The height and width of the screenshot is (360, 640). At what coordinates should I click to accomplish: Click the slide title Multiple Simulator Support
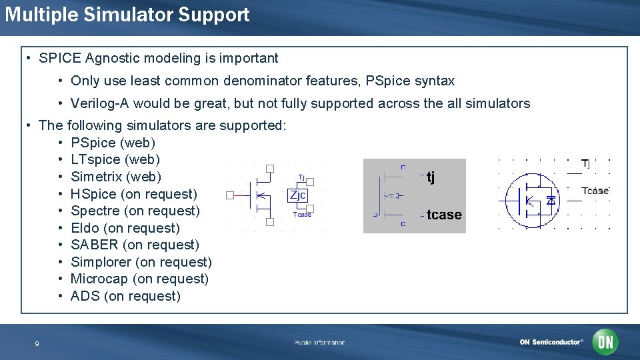point(127,15)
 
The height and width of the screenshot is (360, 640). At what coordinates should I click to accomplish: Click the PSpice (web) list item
point(113,143)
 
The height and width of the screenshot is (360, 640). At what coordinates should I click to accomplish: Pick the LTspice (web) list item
point(115,160)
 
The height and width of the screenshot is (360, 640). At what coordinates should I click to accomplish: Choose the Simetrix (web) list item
point(115,177)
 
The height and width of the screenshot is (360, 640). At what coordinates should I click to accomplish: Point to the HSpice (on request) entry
point(133,194)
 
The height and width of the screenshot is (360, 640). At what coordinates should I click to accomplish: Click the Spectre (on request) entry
point(135,211)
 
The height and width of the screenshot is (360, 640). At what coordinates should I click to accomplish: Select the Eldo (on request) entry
point(125,228)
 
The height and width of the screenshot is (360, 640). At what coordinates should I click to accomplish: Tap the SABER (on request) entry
point(135,245)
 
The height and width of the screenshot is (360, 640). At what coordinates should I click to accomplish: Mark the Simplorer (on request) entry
point(141,262)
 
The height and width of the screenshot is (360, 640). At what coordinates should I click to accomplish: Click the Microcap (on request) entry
point(139,279)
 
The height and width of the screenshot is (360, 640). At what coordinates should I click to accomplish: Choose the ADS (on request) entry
point(125,296)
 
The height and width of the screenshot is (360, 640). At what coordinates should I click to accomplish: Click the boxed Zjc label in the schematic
point(297,195)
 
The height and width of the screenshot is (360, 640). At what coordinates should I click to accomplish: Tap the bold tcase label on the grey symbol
point(444,215)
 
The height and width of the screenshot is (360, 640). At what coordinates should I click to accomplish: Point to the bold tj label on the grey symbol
point(431,177)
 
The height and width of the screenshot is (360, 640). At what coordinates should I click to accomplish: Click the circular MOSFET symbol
point(531,199)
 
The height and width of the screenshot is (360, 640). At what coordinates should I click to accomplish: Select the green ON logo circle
point(605,342)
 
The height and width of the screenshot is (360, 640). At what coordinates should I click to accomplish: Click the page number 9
point(37,344)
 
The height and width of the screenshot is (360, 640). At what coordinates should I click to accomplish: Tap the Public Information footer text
point(320,343)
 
